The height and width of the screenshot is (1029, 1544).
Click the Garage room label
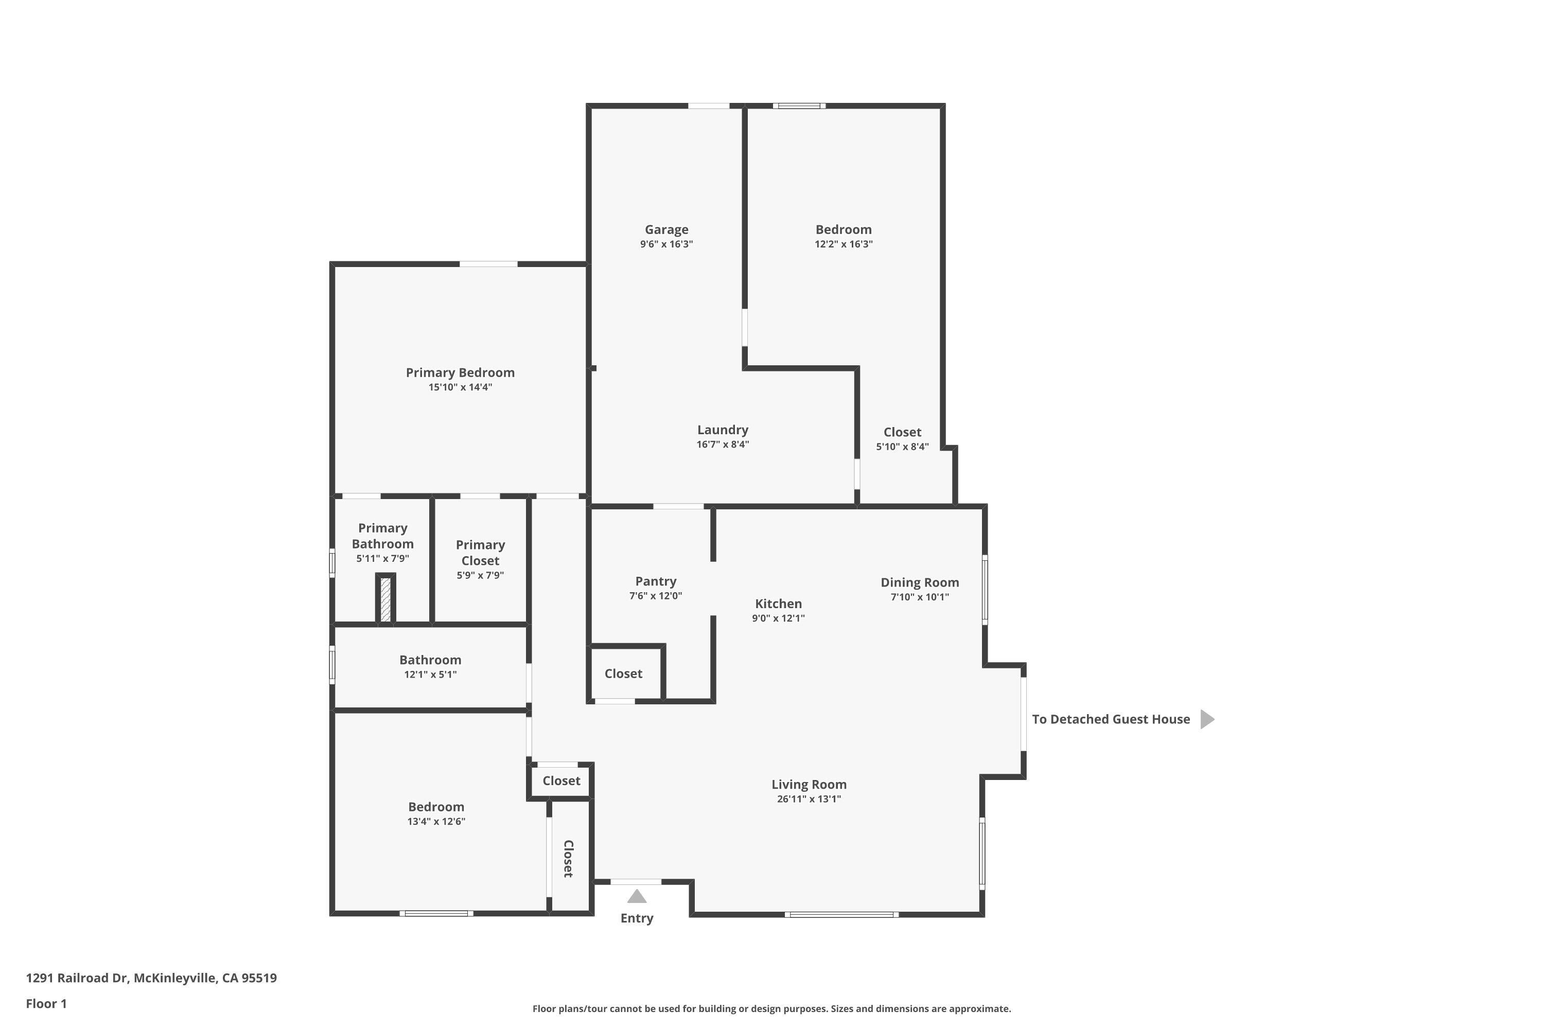click(666, 229)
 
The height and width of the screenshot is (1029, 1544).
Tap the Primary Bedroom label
click(460, 372)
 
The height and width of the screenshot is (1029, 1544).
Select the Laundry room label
click(723, 430)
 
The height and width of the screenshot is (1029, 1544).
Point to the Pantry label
click(656, 581)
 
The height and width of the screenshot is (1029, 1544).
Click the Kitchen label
click(779, 604)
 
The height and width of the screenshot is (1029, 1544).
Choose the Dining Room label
click(920, 583)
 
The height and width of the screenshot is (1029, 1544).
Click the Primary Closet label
click(481, 553)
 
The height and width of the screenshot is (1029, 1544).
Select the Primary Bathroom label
click(383, 536)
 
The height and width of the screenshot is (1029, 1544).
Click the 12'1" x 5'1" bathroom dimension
click(431, 675)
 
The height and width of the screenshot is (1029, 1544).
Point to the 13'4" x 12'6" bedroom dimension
click(436, 822)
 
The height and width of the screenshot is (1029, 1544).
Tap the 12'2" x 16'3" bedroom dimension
click(844, 244)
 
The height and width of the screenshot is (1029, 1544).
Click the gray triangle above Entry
click(637, 896)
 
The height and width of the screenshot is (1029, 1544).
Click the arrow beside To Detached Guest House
click(1207, 719)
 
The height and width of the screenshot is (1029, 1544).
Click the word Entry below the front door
click(637, 918)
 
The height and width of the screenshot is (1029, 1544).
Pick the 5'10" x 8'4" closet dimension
click(903, 447)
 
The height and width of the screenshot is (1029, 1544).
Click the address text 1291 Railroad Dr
click(76, 978)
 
